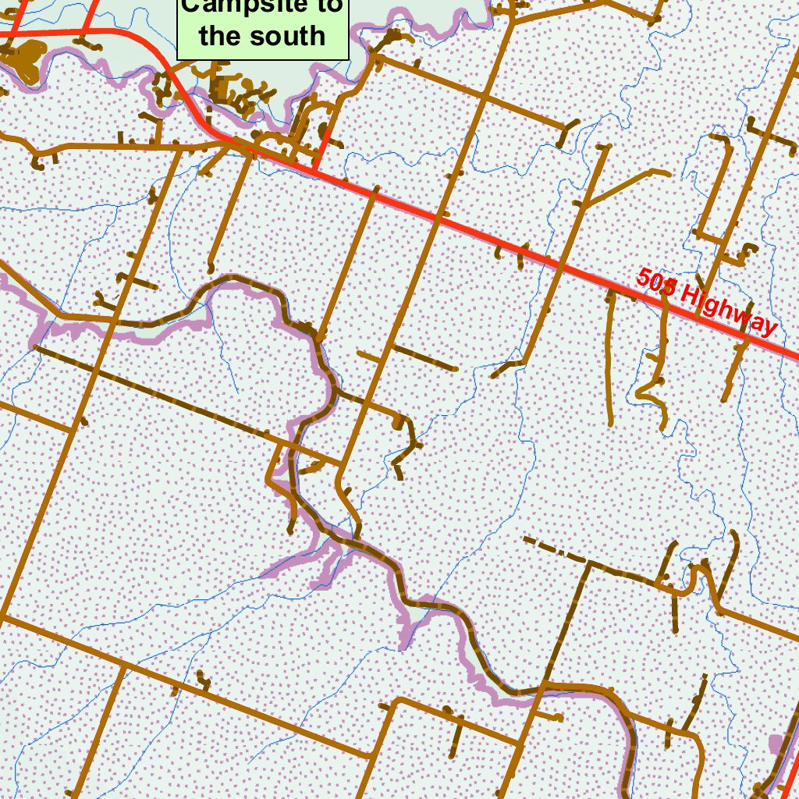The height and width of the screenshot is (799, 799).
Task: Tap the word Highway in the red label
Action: [729, 311]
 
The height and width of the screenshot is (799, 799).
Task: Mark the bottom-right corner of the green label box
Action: [347, 59]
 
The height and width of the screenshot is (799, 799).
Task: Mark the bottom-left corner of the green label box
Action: [178, 59]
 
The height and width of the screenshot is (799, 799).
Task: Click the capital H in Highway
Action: [689, 297]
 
